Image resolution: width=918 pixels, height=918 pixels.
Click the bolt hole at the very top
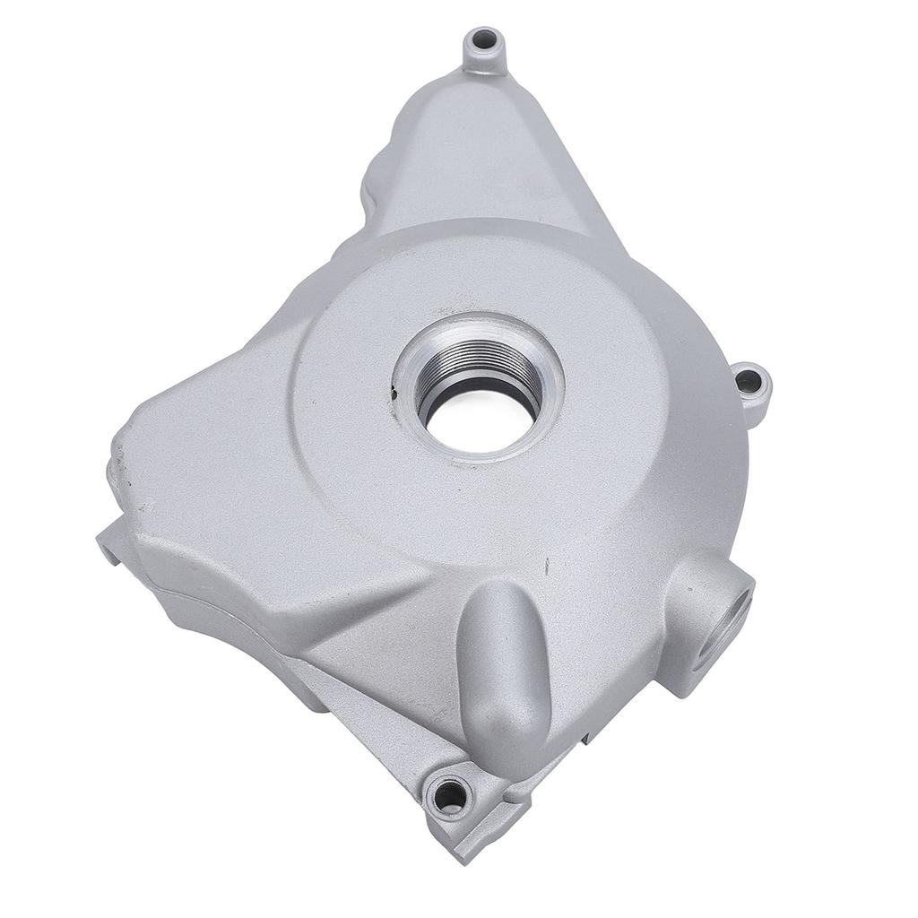485,40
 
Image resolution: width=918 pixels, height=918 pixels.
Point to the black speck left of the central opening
393,391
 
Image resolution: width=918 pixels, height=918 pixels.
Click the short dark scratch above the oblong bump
544,566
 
